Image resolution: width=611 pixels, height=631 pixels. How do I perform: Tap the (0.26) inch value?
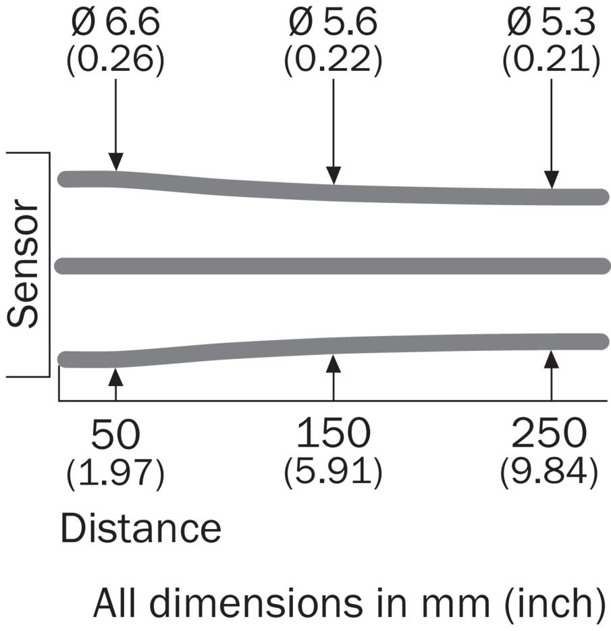[115, 61]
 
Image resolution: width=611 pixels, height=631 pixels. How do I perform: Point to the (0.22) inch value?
[334, 61]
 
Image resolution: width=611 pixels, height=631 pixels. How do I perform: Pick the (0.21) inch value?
[551, 61]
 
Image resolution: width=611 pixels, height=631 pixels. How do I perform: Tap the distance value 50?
[115, 435]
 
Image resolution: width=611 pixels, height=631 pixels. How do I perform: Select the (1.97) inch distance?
[115, 474]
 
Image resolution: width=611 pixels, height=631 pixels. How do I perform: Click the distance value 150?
[334, 435]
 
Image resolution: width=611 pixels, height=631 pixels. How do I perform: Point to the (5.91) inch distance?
[334, 474]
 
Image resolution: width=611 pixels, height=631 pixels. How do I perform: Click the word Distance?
[141, 529]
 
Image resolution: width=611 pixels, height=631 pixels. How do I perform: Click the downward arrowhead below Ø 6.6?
[115, 163]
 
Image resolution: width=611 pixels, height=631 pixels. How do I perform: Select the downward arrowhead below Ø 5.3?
[552, 180]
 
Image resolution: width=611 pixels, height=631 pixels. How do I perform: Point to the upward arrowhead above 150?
[334, 362]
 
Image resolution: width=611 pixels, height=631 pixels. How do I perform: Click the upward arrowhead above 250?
[552, 358]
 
